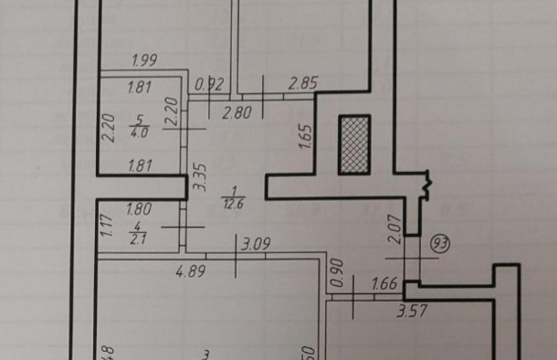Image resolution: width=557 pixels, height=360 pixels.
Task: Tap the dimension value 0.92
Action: (210, 85)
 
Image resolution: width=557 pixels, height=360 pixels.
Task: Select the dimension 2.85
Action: (302, 85)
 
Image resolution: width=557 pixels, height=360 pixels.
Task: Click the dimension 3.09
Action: (255, 244)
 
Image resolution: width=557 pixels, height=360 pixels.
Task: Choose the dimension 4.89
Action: (191, 270)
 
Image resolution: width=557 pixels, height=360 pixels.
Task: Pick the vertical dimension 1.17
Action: (106, 224)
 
